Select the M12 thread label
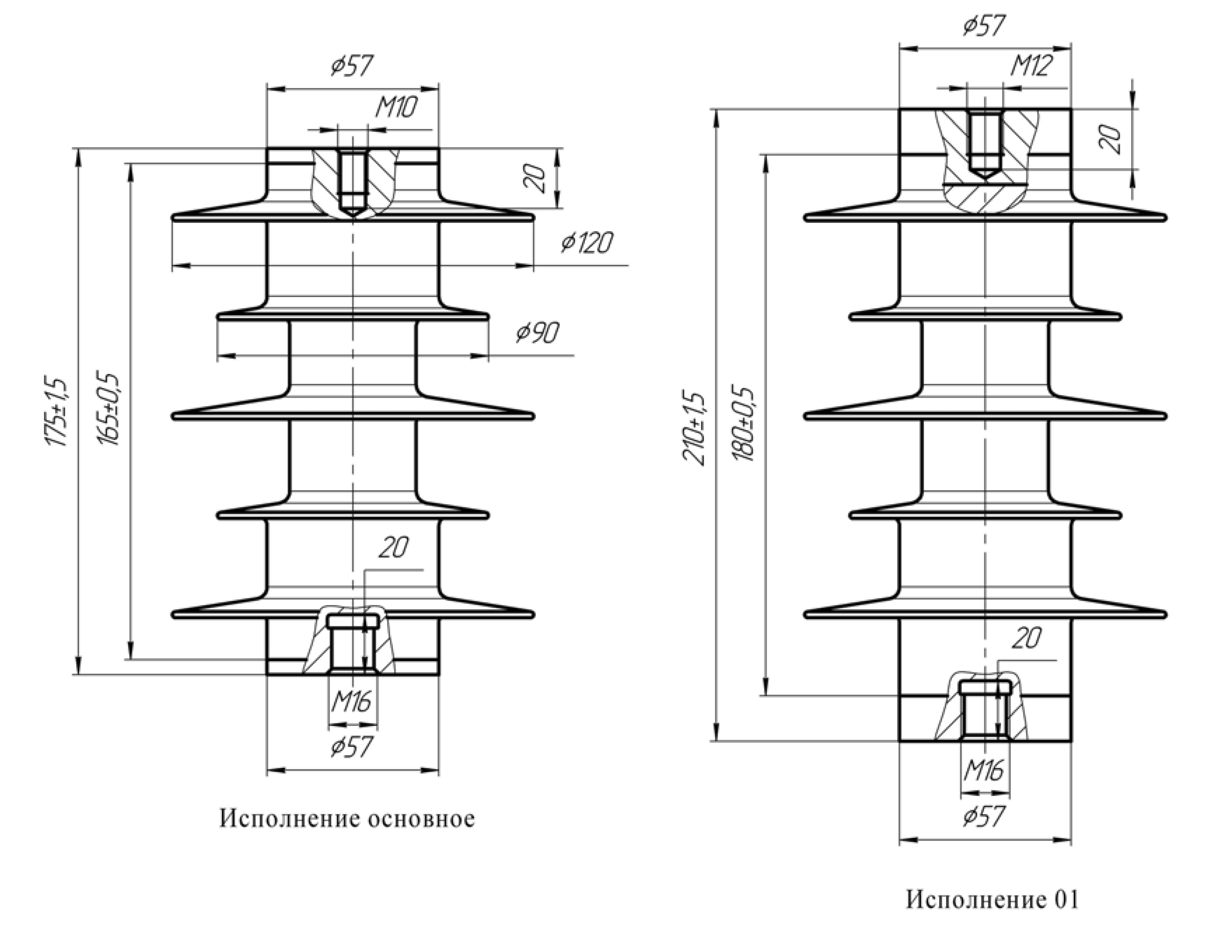coord(1031,66)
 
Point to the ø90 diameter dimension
coord(537,332)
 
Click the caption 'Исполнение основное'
coord(347,819)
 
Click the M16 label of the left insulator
coord(351,701)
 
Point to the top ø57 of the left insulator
coord(352,65)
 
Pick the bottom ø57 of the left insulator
coord(352,747)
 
